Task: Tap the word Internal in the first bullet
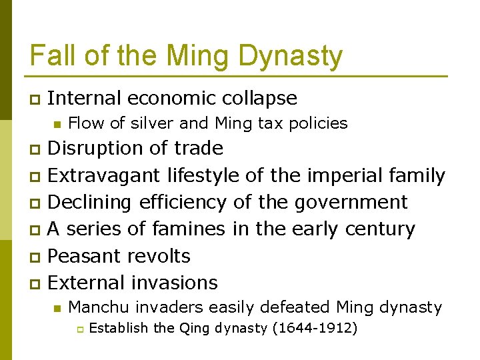click(85, 98)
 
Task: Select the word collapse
click(262, 98)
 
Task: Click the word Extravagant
click(104, 175)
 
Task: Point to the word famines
click(189, 229)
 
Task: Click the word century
click(379, 229)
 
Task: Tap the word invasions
click(175, 283)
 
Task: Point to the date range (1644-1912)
click(315, 328)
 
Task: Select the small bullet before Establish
click(78, 329)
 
